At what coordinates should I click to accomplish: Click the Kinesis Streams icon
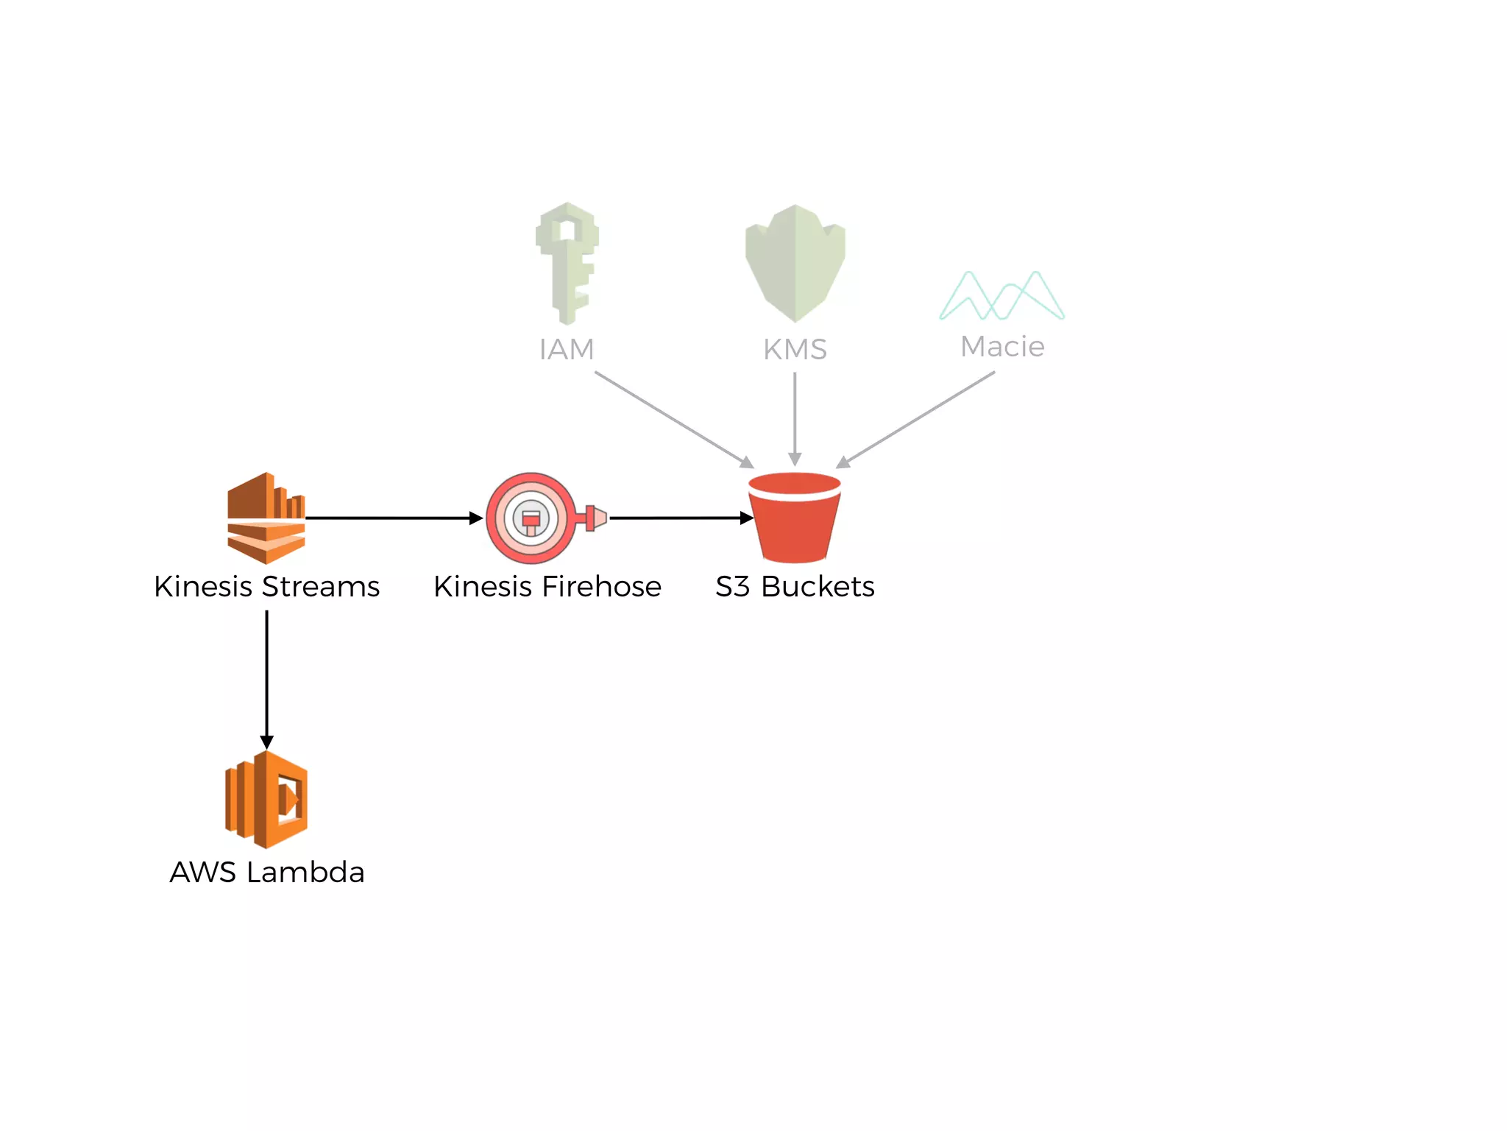click(266, 518)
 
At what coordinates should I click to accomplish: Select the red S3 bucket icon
click(795, 518)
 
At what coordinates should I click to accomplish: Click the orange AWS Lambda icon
click(266, 800)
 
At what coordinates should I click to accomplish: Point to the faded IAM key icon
click(567, 263)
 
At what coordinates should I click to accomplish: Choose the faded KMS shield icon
click(795, 263)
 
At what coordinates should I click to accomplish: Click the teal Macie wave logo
click(1001, 296)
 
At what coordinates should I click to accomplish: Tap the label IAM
click(567, 350)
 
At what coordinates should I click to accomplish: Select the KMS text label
click(795, 350)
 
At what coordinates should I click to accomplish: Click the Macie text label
click(1002, 347)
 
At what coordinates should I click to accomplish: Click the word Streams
click(321, 587)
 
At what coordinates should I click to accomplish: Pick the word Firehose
click(601, 587)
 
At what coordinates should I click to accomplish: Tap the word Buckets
click(818, 587)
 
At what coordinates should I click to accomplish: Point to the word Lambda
click(305, 873)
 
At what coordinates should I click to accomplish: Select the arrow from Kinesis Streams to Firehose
click(394, 518)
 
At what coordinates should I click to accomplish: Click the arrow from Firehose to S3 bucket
click(681, 518)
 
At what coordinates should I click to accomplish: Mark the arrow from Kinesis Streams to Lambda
click(266, 677)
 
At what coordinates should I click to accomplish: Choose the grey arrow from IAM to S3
click(673, 419)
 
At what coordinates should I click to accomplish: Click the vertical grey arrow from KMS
click(795, 418)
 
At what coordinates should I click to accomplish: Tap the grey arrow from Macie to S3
click(916, 419)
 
